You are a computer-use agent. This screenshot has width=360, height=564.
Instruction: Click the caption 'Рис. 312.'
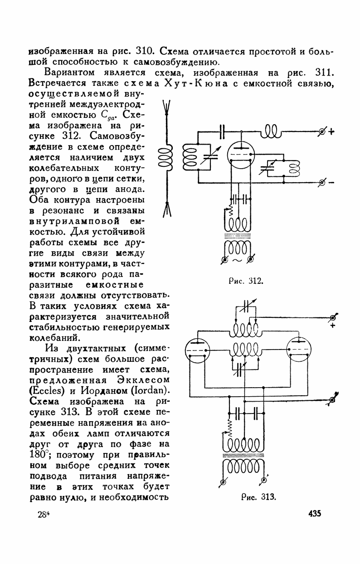coord(244,282)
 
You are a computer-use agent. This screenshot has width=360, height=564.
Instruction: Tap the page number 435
coord(314,514)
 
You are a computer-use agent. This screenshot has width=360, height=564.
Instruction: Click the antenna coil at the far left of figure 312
coord(165,159)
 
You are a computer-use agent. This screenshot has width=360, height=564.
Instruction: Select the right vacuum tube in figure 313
coord(299,351)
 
